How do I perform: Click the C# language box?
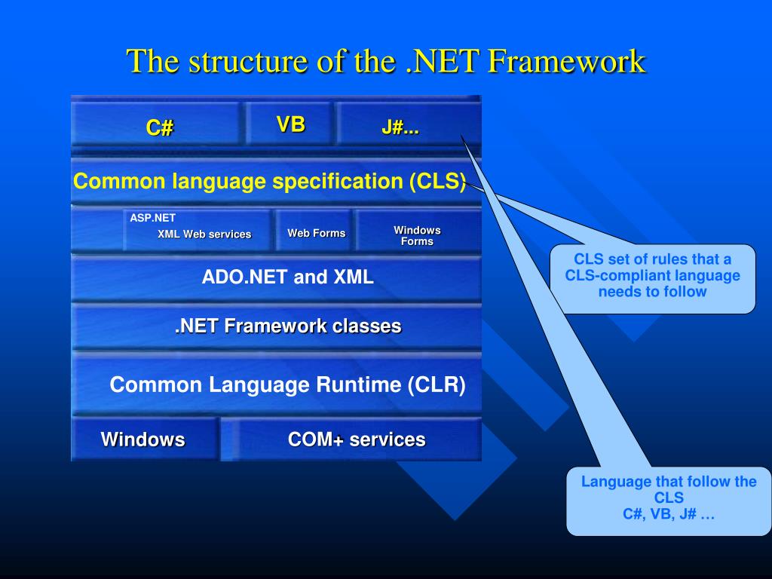[157, 124]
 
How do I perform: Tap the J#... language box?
[409, 124]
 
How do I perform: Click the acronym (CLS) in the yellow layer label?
[438, 181]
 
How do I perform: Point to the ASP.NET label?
[152, 218]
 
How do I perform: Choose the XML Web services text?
[204, 234]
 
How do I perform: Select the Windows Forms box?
[418, 231]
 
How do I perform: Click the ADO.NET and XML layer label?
[288, 277]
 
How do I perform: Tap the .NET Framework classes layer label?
[288, 326]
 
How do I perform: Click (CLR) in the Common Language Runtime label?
[437, 384]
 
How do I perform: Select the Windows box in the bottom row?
[145, 440]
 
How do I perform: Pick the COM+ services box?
[351, 440]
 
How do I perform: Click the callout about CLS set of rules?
[652, 279]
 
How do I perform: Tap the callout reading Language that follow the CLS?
[669, 501]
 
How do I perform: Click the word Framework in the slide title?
[567, 61]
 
